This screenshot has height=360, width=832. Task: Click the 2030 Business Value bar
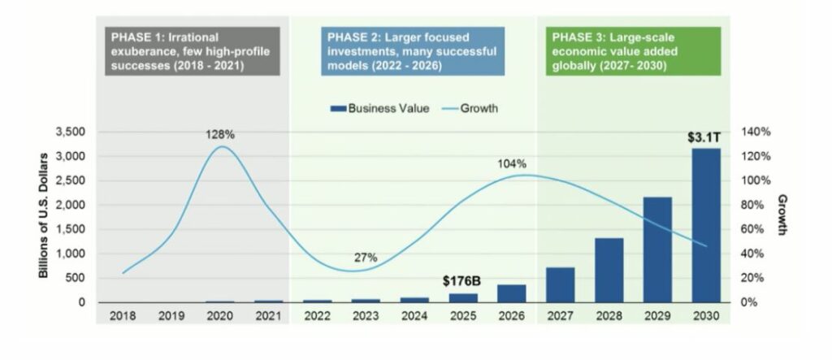705,225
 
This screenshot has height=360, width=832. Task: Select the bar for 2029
656,249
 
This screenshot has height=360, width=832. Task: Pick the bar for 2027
560,284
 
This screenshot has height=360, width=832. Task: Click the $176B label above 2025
463,281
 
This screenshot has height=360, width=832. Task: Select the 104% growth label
512,165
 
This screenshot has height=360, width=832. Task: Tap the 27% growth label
366,258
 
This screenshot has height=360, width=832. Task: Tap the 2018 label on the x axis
122,315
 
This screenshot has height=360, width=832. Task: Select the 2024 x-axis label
414,315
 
